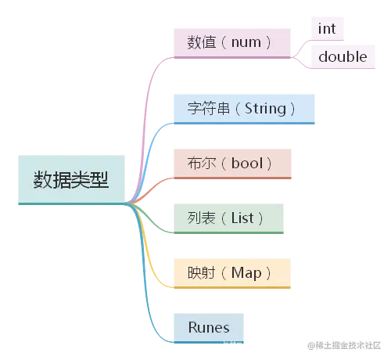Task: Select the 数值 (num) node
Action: [231, 41]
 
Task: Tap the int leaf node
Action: [327, 28]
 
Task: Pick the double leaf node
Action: [342, 56]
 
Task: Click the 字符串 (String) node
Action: [242, 109]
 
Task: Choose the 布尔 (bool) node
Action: [231, 163]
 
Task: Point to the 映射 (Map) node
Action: [231, 272]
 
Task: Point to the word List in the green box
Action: [242, 218]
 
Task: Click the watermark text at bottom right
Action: [346, 345]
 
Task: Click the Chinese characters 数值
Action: [201, 41]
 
